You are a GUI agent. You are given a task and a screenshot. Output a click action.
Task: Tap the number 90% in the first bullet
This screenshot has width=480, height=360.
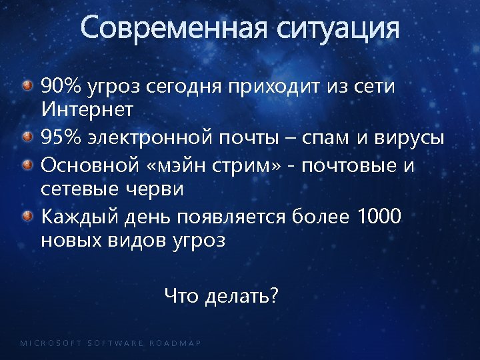(x=61, y=86)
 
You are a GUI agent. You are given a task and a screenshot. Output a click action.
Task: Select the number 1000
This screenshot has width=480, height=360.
(x=379, y=216)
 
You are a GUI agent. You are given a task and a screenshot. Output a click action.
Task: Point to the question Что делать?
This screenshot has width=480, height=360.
(x=221, y=295)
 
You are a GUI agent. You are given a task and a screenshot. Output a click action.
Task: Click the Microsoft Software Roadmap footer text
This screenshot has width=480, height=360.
(x=111, y=343)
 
